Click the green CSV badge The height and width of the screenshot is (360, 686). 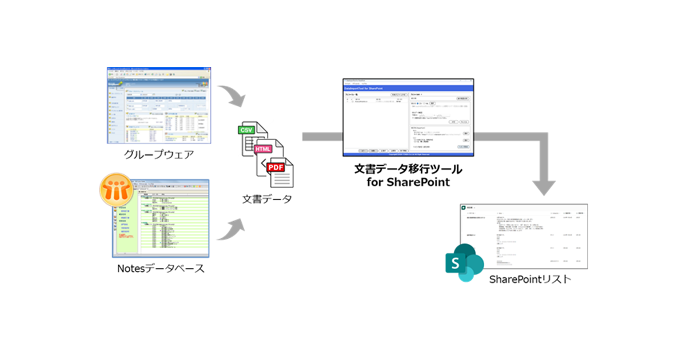tap(247, 130)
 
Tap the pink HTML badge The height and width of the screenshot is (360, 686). tap(264, 149)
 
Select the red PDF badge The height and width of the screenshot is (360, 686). tap(276, 167)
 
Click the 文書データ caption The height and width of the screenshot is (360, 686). tap(266, 199)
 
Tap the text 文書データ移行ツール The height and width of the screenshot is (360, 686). tap(408, 170)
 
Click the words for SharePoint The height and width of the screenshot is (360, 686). tap(408, 183)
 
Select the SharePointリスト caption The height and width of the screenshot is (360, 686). tap(530, 280)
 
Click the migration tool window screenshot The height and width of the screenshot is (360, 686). tap(408, 118)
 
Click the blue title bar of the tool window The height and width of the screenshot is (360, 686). tap(408, 89)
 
